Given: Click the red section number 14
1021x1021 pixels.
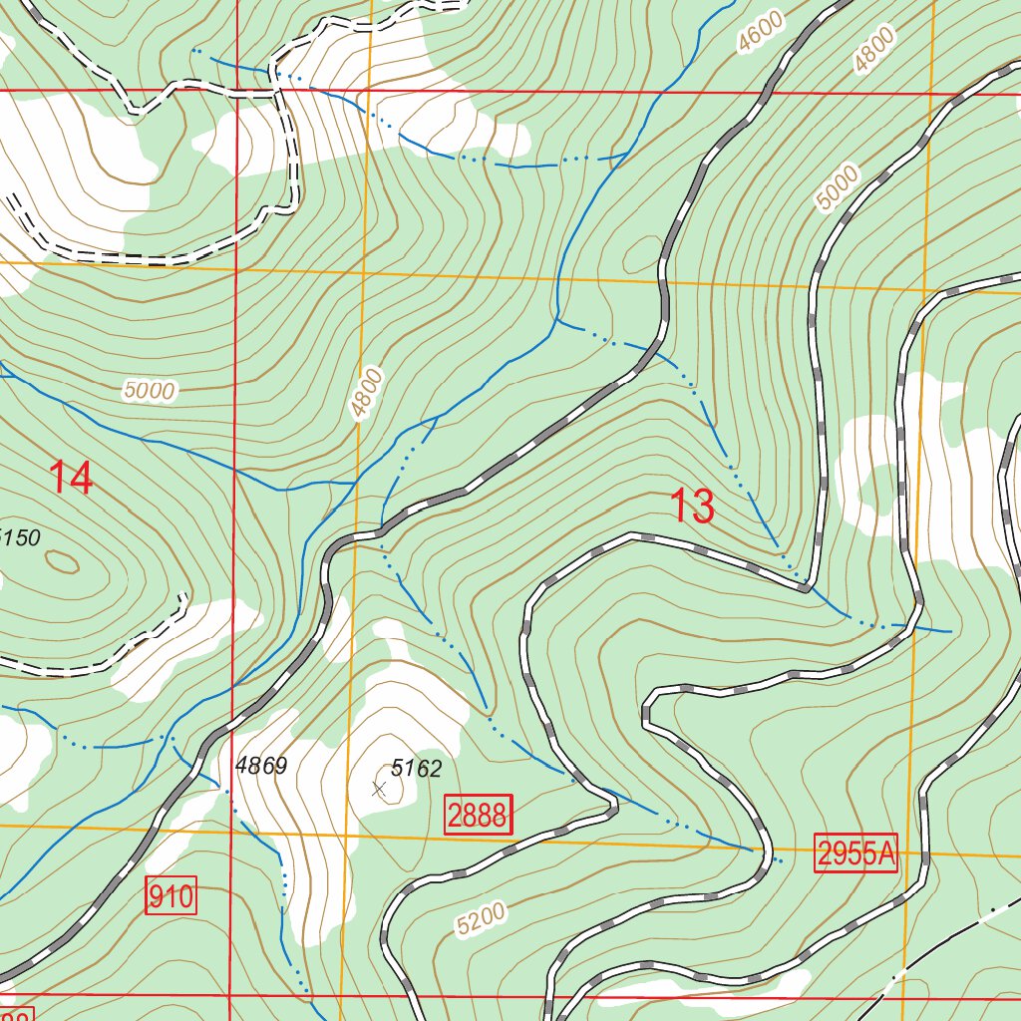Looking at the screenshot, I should tap(72, 479).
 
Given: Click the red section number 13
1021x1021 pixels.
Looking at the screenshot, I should tap(692, 507).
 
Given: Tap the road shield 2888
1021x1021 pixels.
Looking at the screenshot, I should tap(479, 816).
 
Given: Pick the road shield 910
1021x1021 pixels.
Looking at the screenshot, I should tap(171, 896).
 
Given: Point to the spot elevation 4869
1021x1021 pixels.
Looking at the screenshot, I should tap(261, 766).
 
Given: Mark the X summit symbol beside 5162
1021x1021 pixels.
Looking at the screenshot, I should tap(378, 790).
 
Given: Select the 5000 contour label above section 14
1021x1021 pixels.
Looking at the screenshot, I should tap(150, 391).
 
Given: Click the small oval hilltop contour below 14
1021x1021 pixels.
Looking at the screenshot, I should tap(63, 563).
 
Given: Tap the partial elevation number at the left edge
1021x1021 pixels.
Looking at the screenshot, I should tap(20, 538).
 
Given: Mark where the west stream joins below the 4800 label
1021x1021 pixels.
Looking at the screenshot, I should tap(355, 483).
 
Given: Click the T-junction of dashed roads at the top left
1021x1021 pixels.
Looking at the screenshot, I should tap(275, 94).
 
